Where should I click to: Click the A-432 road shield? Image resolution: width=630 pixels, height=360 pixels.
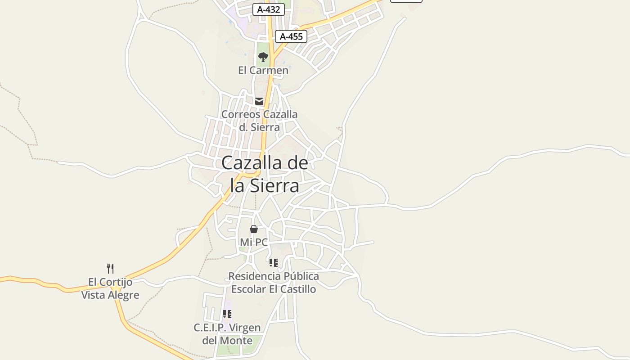tap(268, 9)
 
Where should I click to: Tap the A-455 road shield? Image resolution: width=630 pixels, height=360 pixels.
tap(291, 36)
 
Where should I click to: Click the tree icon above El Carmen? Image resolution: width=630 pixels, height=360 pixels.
tap(263, 57)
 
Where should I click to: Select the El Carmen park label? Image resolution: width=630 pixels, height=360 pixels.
tap(263, 70)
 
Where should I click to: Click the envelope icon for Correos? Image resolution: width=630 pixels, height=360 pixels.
tap(259, 101)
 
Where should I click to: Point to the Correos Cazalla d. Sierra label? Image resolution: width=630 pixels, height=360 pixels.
tap(259, 121)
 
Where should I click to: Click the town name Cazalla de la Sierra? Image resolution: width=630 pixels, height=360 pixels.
tap(265, 174)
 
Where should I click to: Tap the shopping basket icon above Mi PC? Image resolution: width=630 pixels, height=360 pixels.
tap(254, 229)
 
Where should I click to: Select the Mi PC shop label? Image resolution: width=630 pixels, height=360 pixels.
tap(254, 242)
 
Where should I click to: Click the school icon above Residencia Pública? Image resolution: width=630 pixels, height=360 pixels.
tap(274, 262)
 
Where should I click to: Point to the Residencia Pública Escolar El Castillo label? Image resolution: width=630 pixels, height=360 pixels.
tap(274, 283)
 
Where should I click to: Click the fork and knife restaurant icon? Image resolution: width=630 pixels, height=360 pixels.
tap(110, 269)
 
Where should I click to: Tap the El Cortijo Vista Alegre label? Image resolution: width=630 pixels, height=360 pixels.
tap(110, 288)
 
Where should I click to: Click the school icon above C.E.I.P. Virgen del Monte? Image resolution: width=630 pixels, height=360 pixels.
tap(227, 314)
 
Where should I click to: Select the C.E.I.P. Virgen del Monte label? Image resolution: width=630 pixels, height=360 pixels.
tap(227, 334)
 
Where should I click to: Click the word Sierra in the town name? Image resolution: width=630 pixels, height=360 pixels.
tap(277, 185)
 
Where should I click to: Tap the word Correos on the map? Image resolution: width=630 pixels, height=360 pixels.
tap(241, 114)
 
